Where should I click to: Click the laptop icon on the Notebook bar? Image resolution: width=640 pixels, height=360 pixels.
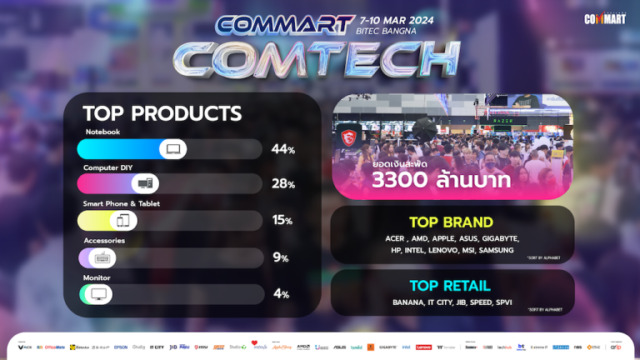tap(173, 149)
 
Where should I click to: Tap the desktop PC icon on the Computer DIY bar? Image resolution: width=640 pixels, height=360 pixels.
tap(145, 184)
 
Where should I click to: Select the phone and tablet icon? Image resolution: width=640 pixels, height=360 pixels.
tap(123, 221)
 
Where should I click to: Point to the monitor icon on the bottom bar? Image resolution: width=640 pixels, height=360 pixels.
tap(98, 294)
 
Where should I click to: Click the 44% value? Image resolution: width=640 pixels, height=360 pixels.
tap(283, 149)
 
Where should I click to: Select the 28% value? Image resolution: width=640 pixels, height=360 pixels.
tap(283, 184)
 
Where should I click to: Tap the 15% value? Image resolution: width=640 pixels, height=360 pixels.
tap(283, 221)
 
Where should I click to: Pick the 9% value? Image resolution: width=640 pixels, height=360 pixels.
tap(282, 257)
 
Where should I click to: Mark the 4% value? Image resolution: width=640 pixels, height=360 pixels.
tap(282, 294)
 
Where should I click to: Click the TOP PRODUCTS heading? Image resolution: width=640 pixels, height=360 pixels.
tap(162, 113)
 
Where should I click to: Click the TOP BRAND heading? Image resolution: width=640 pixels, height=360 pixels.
tap(451, 222)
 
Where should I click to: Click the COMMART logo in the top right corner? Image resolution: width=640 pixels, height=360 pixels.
tap(605, 17)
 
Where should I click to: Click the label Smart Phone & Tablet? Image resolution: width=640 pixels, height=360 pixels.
tap(121, 203)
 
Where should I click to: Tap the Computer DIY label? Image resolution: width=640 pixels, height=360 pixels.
tap(107, 167)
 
